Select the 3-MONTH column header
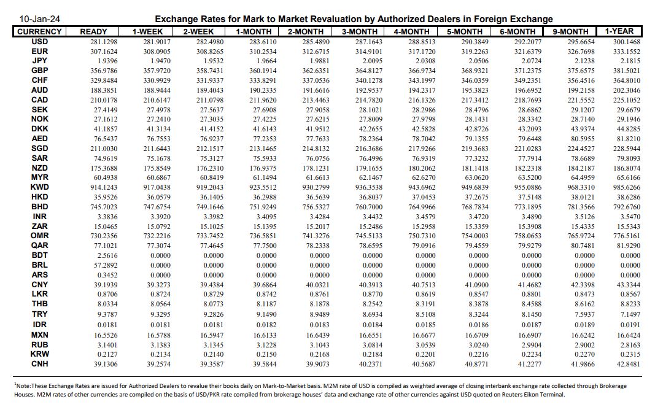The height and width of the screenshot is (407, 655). coord(360,31)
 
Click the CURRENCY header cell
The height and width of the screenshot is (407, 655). coord(39,31)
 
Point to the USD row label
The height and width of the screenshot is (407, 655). coord(40,42)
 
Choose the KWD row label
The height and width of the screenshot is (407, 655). coord(40,187)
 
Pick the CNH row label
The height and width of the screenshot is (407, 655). coord(40,363)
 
